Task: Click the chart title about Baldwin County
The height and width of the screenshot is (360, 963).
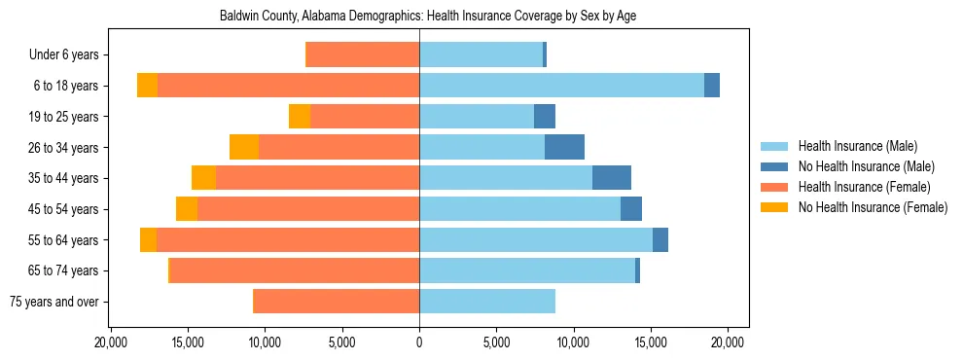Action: click(x=428, y=17)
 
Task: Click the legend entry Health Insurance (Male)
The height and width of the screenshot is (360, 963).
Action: click(x=857, y=146)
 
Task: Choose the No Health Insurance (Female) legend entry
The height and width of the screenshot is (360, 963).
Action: click(x=873, y=207)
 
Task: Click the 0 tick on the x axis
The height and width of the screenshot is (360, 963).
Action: click(x=419, y=342)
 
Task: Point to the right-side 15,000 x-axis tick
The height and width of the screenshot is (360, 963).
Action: click(x=651, y=342)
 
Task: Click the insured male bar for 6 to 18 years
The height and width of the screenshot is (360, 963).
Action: click(x=561, y=86)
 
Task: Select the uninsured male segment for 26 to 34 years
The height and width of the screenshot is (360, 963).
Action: click(x=564, y=147)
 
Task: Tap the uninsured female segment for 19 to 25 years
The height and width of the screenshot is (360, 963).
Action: click(x=300, y=116)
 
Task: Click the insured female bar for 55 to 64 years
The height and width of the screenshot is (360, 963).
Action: click(x=288, y=239)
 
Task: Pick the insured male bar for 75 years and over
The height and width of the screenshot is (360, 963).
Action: click(x=487, y=302)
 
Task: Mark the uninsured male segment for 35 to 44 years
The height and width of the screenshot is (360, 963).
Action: click(x=612, y=178)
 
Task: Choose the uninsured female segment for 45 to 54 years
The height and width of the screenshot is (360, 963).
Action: click(x=187, y=208)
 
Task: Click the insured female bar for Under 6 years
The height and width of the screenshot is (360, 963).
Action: click(x=363, y=54)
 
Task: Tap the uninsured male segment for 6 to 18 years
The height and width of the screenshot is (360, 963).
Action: click(x=712, y=86)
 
